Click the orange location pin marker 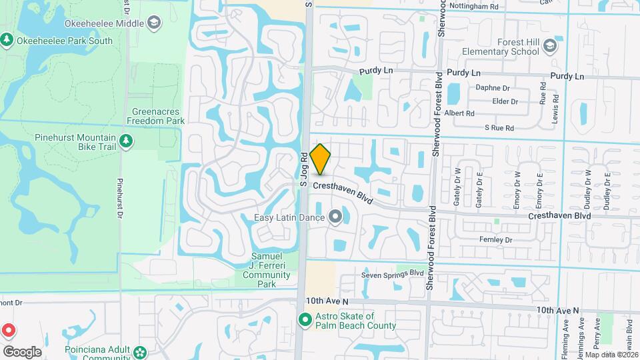(x=320, y=159)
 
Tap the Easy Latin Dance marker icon (x=336, y=217)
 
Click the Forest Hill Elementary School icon (x=550, y=45)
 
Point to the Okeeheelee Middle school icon (x=154, y=23)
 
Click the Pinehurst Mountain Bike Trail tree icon (x=125, y=141)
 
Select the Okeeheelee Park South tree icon (x=7, y=40)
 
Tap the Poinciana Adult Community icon (x=139, y=351)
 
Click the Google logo (x=22, y=351)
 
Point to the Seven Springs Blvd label (x=393, y=273)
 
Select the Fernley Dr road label (x=495, y=240)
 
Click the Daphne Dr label (x=492, y=87)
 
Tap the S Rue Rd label (x=499, y=127)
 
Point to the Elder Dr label (x=505, y=101)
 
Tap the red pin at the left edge (x=8, y=331)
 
